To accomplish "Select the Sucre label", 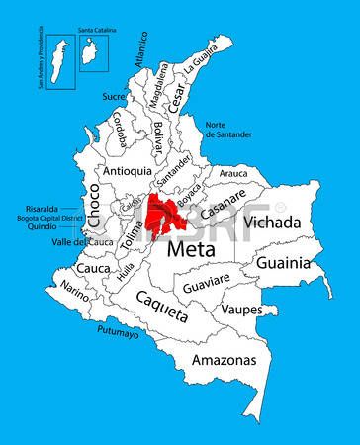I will click(114, 97).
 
